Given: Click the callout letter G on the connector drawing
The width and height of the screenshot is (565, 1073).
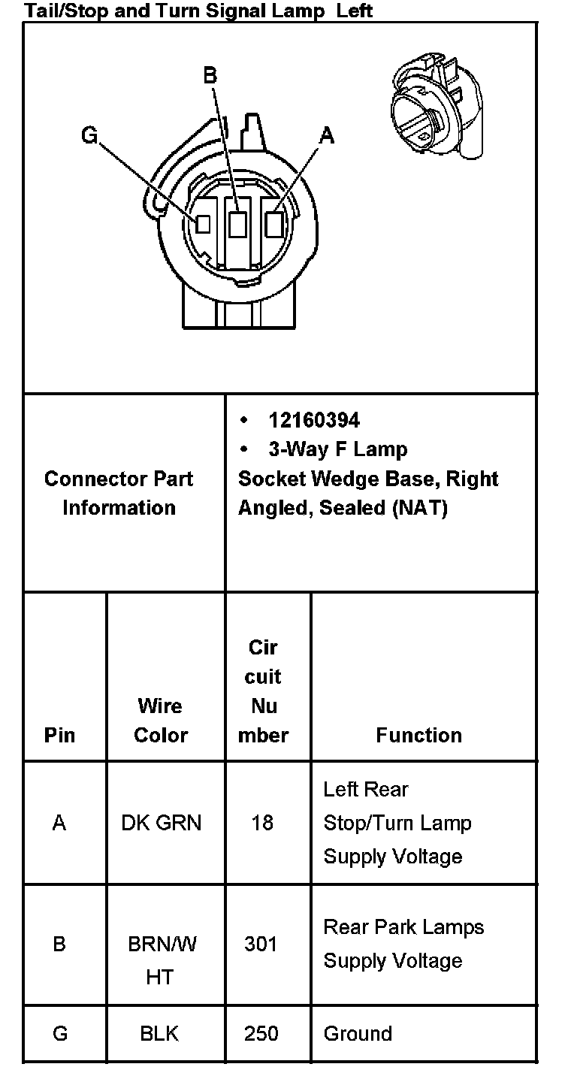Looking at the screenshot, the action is [x=89, y=136].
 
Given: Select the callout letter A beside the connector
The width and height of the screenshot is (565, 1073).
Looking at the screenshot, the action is [x=326, y=135].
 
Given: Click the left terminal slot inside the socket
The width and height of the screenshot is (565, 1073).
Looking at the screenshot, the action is [x=202, y=224].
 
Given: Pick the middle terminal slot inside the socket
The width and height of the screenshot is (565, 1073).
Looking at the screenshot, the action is [x=238, y=223].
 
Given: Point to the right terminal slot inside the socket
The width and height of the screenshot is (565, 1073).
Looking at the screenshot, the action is [x=274, y=223].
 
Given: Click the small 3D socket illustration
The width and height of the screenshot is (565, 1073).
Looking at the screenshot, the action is [x=437, y=105].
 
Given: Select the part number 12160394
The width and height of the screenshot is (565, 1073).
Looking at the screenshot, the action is [x=314, y=419].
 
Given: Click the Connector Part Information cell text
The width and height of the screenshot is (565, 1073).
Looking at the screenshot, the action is [x=119, y=493].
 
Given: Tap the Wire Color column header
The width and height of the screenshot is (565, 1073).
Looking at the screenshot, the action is [x=160, y=720].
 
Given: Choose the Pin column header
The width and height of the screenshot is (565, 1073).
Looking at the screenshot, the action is [x=60, y=734].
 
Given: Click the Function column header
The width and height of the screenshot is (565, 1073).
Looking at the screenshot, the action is [x=418, y=734].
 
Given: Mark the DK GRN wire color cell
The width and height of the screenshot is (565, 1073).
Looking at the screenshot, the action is [x=161, y=823].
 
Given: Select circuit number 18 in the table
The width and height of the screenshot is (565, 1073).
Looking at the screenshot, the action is [x=262, y=823].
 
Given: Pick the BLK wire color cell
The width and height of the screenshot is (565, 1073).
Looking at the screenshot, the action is [x=159, y=1033].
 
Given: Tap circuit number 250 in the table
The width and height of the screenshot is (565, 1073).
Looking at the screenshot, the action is [x=261, y=1033].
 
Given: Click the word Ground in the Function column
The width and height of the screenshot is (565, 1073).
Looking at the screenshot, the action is [x=358, y=1033].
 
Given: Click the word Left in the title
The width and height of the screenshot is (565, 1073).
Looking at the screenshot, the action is [x=355, y=11].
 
